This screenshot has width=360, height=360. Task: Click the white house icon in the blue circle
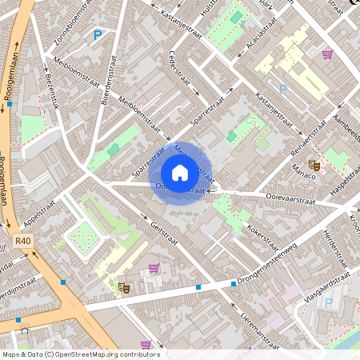coord(180,172)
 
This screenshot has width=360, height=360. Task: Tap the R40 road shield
coord(22,239)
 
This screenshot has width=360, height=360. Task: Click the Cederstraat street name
coord(178,70)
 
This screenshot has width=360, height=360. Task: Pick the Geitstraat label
coord(163,232)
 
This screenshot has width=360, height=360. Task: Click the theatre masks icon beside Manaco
coord(314,163)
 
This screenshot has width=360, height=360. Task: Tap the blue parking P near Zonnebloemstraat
coord(98,34)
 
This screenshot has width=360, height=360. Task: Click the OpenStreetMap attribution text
coord(81,354)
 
